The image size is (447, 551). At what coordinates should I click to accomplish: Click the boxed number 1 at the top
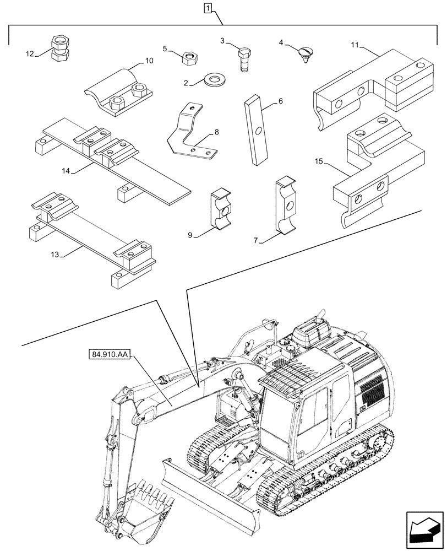(208, 8)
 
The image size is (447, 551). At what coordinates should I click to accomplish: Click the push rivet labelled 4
(306, 54)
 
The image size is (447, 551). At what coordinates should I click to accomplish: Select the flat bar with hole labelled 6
(256, 129)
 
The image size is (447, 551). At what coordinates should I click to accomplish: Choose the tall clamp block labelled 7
(287, 207)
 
